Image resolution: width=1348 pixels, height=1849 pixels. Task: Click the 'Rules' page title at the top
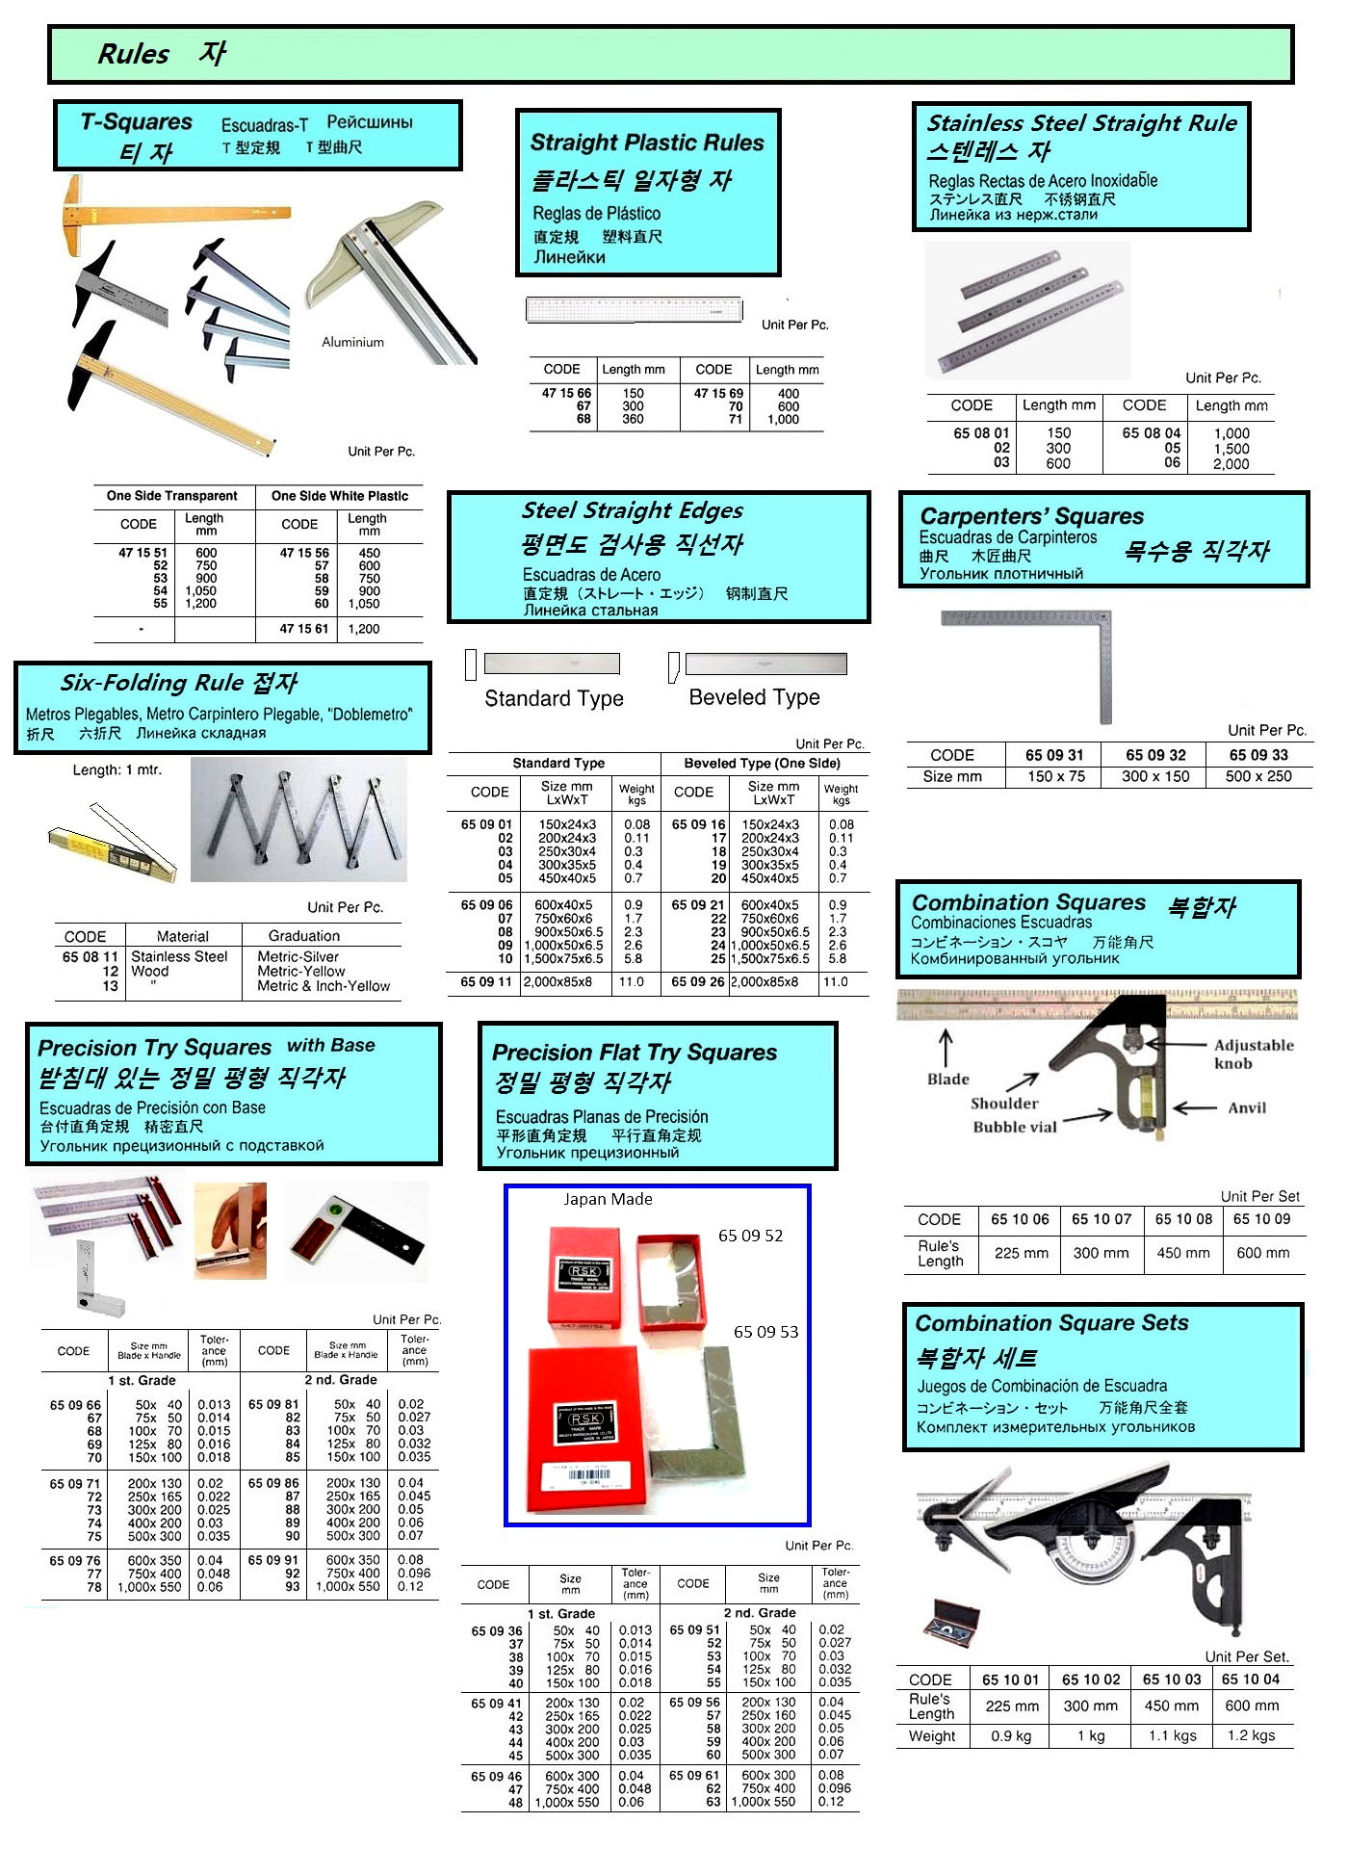(x=133, y=54)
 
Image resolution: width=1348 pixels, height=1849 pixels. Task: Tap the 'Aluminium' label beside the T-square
(x=352, y=342)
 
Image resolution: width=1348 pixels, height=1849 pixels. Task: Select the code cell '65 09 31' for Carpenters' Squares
(x=1054, y=755)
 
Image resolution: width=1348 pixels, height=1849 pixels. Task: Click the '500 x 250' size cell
(x=1257, y=776)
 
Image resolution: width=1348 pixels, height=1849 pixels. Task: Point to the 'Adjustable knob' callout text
(x=1253, y=1054)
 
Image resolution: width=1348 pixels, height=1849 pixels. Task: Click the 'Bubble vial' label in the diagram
(x=1014, y=1127)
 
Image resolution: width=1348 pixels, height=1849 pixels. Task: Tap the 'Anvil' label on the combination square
(x=1246, y=1107)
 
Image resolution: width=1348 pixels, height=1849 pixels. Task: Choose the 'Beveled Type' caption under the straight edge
(x=754, y=697)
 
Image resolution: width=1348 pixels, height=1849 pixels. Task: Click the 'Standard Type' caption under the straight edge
(x=554, y=698)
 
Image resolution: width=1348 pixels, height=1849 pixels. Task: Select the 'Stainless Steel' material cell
(x=179, y=956)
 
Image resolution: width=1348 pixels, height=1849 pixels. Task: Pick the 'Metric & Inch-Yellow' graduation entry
(x=324, y=986)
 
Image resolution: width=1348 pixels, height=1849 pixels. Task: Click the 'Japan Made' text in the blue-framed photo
(x=608, y=1199)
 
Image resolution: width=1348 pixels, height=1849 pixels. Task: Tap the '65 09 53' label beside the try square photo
(x=765, y=1332)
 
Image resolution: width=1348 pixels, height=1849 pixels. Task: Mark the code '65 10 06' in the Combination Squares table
(x=1020, y=1219)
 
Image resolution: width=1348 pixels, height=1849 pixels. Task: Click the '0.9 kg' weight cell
(x=1011, y=1735)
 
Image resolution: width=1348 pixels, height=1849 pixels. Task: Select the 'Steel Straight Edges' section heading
(x=633, y=510)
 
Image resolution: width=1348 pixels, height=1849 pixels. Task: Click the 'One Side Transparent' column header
(x=171, y=496)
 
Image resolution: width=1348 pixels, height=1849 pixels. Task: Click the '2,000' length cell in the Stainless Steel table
(x=1231, y=464)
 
